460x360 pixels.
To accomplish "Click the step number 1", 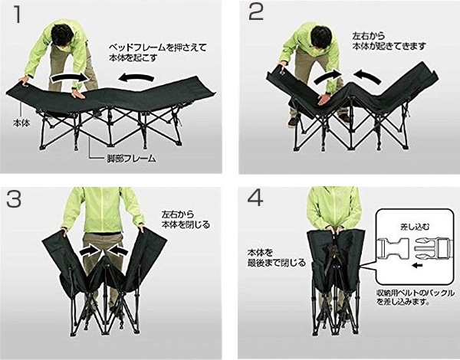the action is click(x=18, y=14).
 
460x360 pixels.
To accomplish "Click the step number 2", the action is click(x=256, y=12).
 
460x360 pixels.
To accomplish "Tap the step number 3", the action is click(x=14, y=199).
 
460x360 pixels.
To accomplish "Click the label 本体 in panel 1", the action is click(x=21, y=123).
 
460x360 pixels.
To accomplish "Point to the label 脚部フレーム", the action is click(x=130, y=159).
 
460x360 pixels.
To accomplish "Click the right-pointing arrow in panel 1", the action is click(x=70, y=77).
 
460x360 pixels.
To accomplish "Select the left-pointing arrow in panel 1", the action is click(x=136, y=77).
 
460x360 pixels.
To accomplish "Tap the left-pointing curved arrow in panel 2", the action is click(x=367, y=77).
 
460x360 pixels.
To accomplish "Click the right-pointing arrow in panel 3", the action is click(x=90, y=250).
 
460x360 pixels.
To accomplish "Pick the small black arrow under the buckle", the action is click(x=417, y=266).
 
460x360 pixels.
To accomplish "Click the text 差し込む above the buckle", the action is click(x=415, y=227).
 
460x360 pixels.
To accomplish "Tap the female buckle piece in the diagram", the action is click(x=394, y=249).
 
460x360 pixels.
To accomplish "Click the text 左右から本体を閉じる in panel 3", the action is click(x=186, y=220).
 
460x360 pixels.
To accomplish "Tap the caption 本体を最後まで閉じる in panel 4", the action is click(x=277, y=257).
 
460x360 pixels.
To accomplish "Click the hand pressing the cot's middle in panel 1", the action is click(x=77, y=94).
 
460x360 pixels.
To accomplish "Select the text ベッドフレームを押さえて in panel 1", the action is click(x=158, y=47).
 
